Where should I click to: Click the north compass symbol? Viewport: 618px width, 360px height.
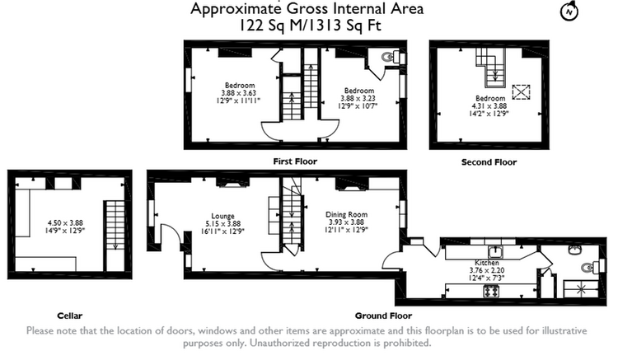(x=569, y=11)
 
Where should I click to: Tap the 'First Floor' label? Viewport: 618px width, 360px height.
(x=295, y=161)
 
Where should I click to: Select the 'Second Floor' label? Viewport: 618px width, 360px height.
(x=489, y=162)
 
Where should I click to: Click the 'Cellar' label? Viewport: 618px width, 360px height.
(x=70, y=316)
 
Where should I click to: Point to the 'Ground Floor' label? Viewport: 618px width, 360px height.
(x=383, y=316)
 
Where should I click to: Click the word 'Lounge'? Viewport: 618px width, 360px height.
(x=222, y=216)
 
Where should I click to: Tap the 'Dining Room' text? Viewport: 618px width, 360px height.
(x=346, y=214)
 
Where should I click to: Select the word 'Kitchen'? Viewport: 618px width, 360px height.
(x=487, y=262)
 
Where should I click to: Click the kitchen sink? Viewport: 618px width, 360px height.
(x=494, y=251)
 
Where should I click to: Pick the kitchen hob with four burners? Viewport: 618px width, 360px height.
(x=491, y=292)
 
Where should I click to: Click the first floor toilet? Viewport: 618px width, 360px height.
(x=391, y=58)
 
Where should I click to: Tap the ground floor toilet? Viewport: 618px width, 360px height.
(x=590, y=268)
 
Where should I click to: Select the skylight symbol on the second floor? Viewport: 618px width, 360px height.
(x=521, y=92)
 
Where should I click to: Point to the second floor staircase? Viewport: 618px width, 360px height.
(x=490, y=67)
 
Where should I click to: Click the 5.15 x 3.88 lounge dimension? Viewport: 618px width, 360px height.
(x=222, y=224)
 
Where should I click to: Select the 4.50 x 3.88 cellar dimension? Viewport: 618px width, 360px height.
(x=65, y=223)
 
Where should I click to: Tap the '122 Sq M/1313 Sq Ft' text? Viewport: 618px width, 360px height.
(x=310, y=26)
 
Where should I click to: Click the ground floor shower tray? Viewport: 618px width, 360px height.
(x=582, y=288)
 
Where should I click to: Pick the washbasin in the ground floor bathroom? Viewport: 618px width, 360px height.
(x=574, y=249)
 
